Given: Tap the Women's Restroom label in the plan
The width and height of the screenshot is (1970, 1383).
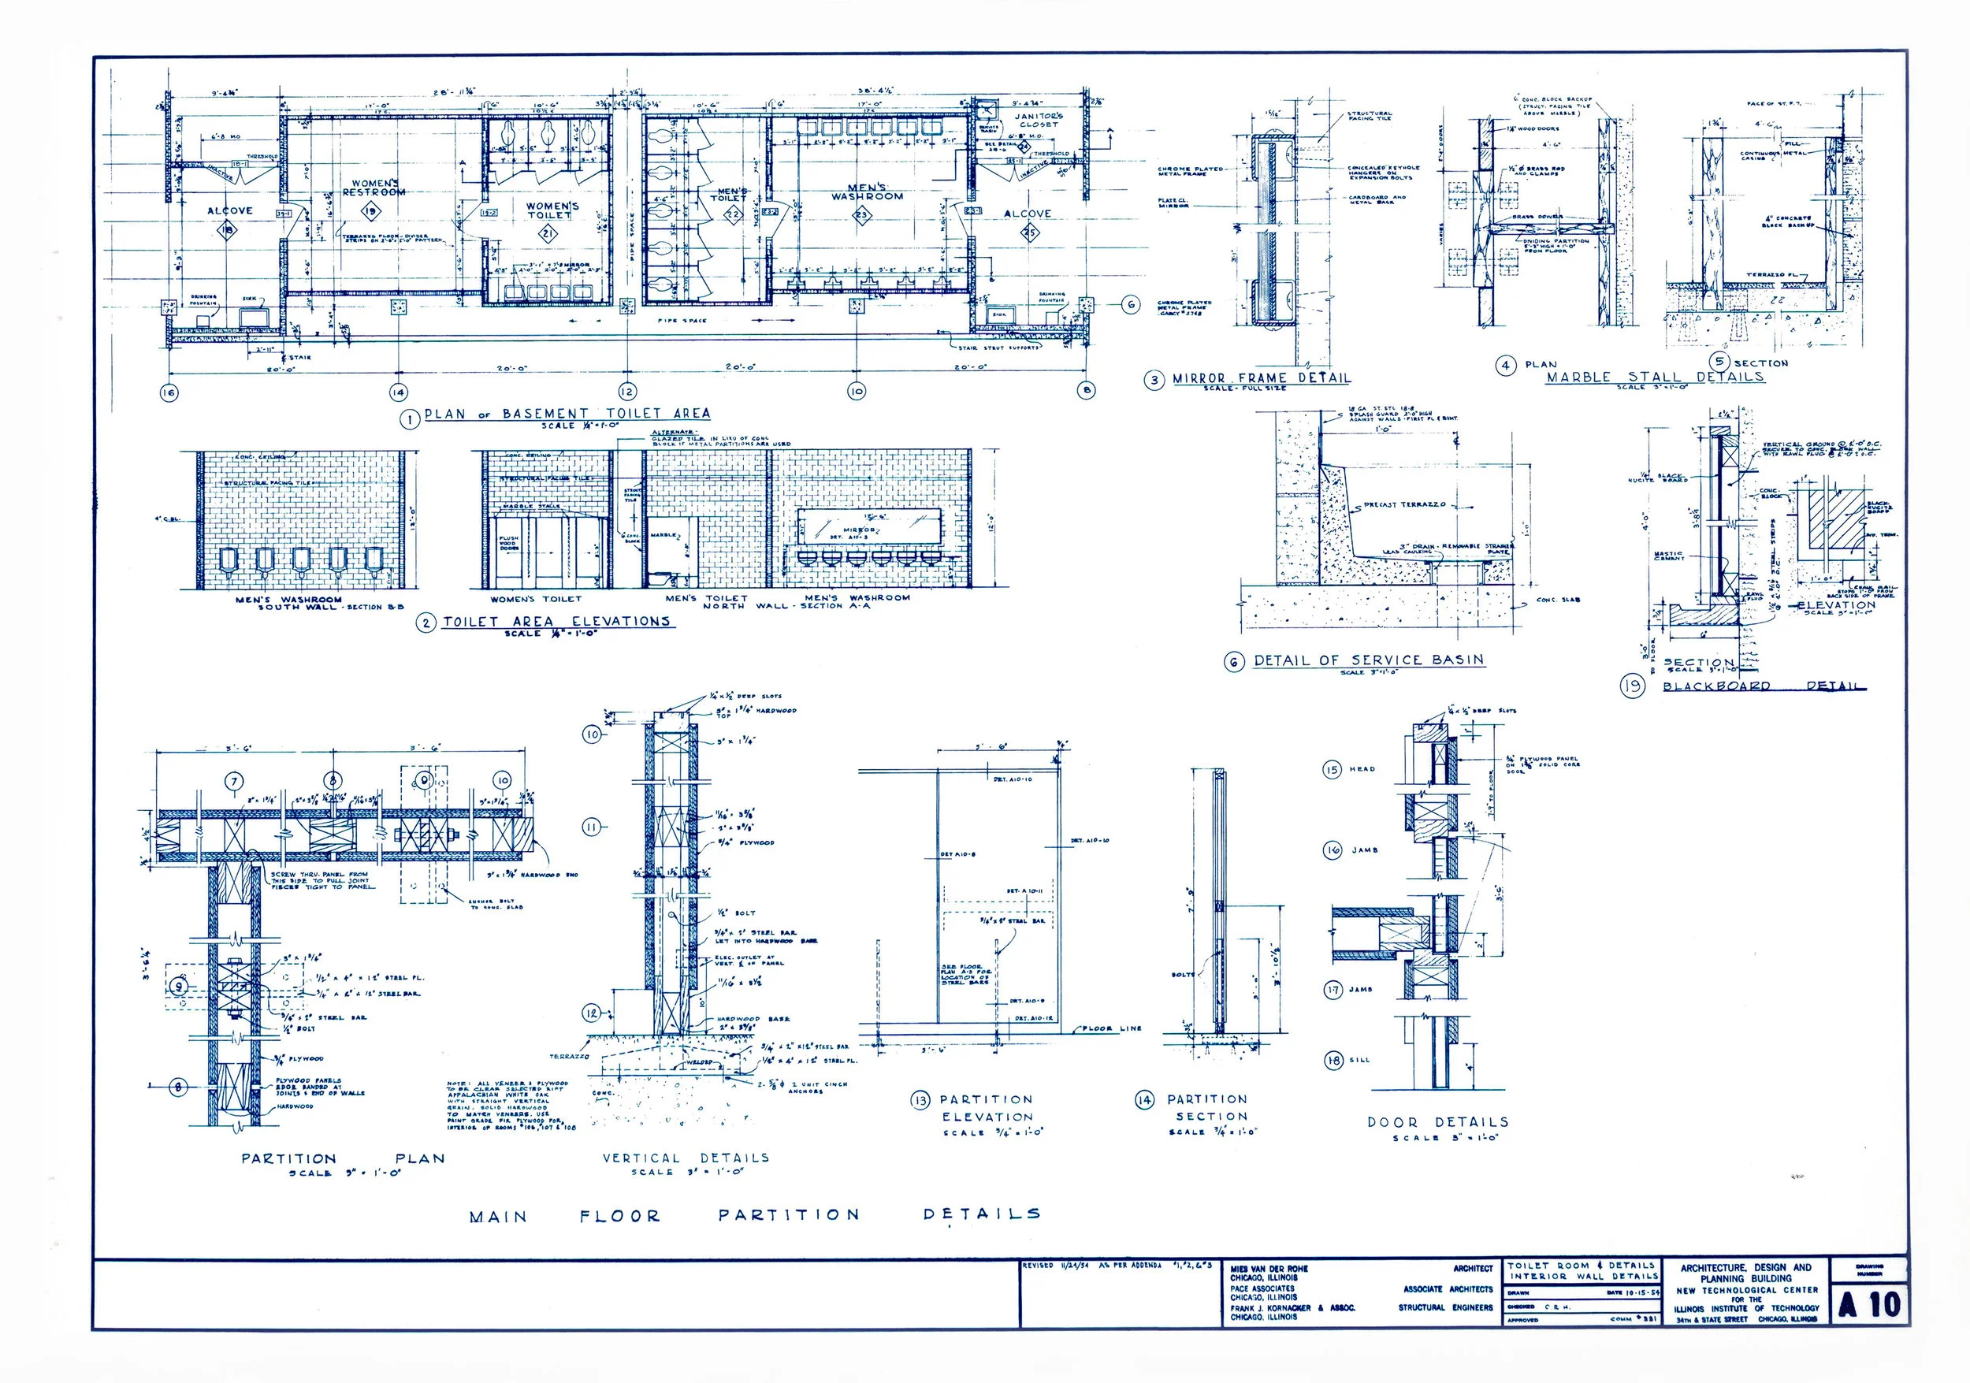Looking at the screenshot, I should click(x=374, y=188).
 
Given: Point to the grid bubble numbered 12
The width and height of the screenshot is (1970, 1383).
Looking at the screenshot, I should click(x=627, y=391).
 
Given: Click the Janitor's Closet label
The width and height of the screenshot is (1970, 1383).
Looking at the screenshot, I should click(x=1039, y=119).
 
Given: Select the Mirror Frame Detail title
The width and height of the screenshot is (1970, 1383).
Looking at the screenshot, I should click(x=1261, y=378).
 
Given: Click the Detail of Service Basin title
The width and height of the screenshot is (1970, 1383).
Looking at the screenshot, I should click(x=1368, y=660).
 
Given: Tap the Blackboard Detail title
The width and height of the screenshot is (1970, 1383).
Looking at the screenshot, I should click(x=1764, y=686).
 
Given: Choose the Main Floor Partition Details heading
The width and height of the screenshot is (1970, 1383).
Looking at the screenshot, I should click(x=755, y=1216).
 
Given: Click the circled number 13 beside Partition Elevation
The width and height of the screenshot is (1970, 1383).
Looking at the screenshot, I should click(x=920, y=1100).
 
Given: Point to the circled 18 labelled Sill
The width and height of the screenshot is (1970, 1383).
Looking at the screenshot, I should click(x=1333, y=1061).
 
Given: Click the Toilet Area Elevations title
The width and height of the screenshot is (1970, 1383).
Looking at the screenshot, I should click(x=556, y=621).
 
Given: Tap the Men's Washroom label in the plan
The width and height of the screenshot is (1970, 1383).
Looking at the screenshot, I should click(x=867, y=192).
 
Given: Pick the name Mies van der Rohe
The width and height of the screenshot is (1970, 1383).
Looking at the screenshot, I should click(x=1269, y=1268).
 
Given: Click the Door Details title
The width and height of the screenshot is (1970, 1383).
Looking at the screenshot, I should click(x=1437, y=1122).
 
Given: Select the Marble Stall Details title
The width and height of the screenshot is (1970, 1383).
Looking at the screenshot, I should click(x=1654, y=377).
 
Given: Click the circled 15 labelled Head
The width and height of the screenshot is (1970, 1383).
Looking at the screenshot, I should click(x=1332, y=770).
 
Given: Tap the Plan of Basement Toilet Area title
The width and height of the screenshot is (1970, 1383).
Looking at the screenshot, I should click(x=567, y=414).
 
